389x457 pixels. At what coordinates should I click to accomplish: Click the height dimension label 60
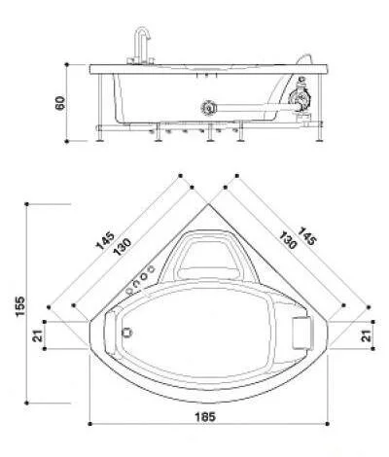tap(59, 101)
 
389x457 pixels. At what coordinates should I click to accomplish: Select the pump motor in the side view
tap(301, 99)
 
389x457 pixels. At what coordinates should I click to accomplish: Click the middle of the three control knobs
tap(138, 280)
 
